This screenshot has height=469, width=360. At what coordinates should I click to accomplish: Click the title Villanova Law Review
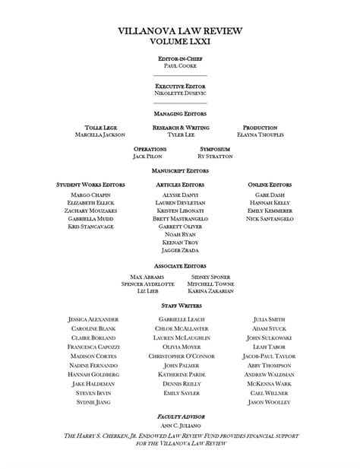(x=180, y=31)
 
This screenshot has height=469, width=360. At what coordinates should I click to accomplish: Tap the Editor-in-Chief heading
(x=180, y=59)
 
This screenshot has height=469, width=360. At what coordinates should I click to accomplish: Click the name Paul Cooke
(x=180, y=66)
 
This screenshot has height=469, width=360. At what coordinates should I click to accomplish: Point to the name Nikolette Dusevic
(x=180, y=93)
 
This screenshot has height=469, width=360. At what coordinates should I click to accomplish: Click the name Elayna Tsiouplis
(x=260, y=135)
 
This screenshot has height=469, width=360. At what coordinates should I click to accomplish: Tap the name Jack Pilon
(x=148, y=156)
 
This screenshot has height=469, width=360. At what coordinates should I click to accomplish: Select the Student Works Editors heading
(x=90, y=184)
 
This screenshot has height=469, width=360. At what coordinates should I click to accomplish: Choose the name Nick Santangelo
(x=269, y=219)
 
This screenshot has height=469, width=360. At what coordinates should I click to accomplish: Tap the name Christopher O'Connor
(x=182, y=357)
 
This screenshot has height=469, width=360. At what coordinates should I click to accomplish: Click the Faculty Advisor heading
(x=180, y=417)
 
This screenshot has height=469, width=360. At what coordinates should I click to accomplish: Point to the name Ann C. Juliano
(x=180, y=426)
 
